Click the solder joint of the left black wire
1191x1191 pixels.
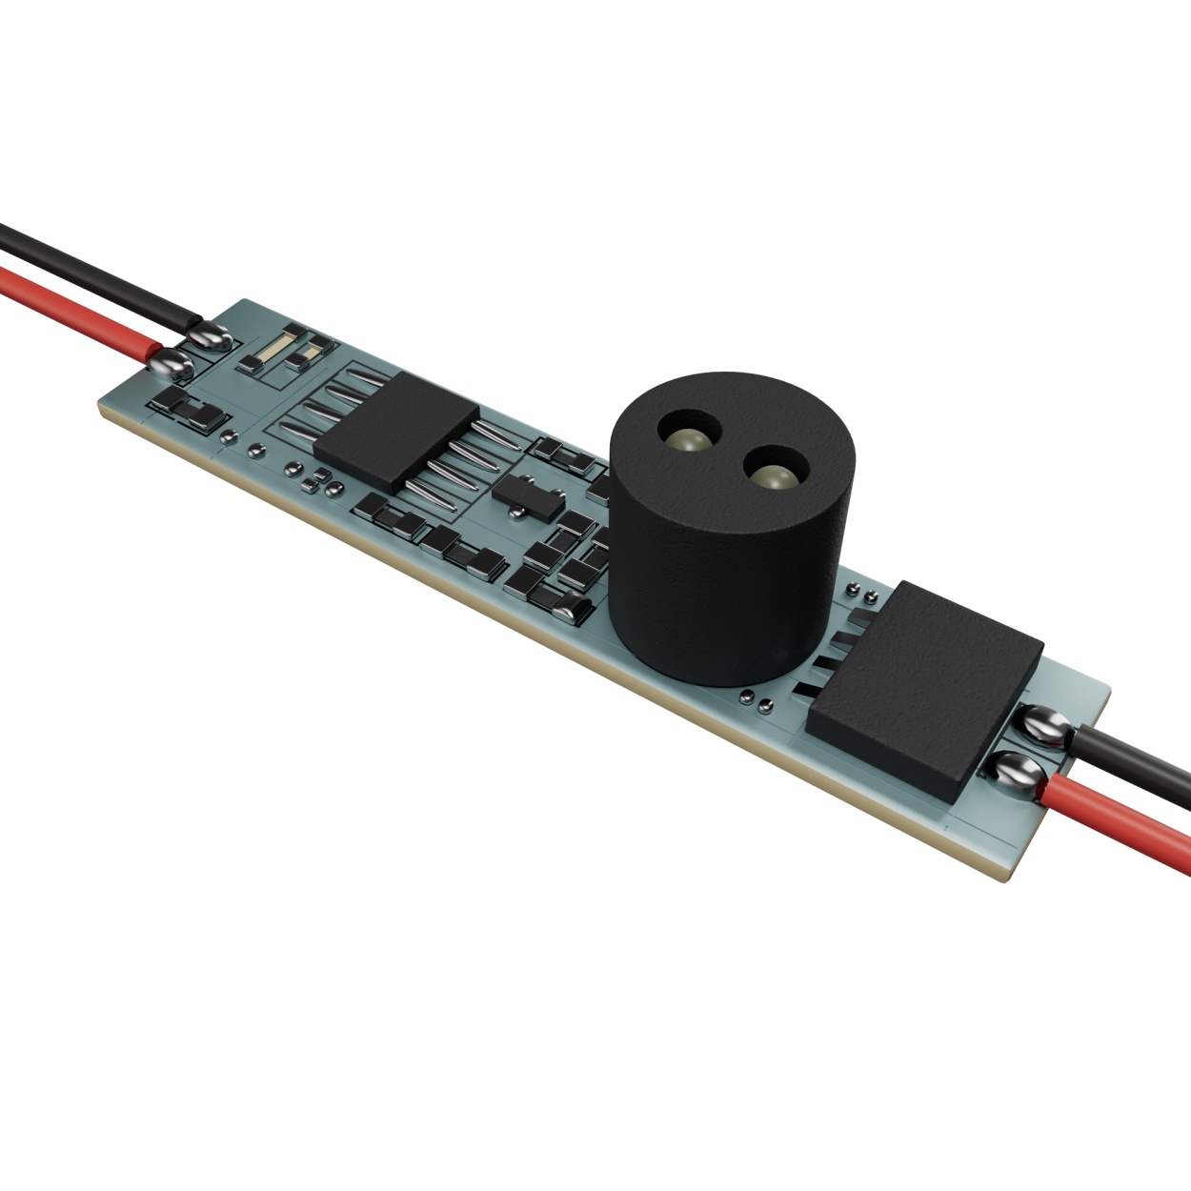209,334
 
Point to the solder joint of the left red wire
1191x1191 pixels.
171,361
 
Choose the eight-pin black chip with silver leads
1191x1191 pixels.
396,430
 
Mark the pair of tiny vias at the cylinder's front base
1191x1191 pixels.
757,700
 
